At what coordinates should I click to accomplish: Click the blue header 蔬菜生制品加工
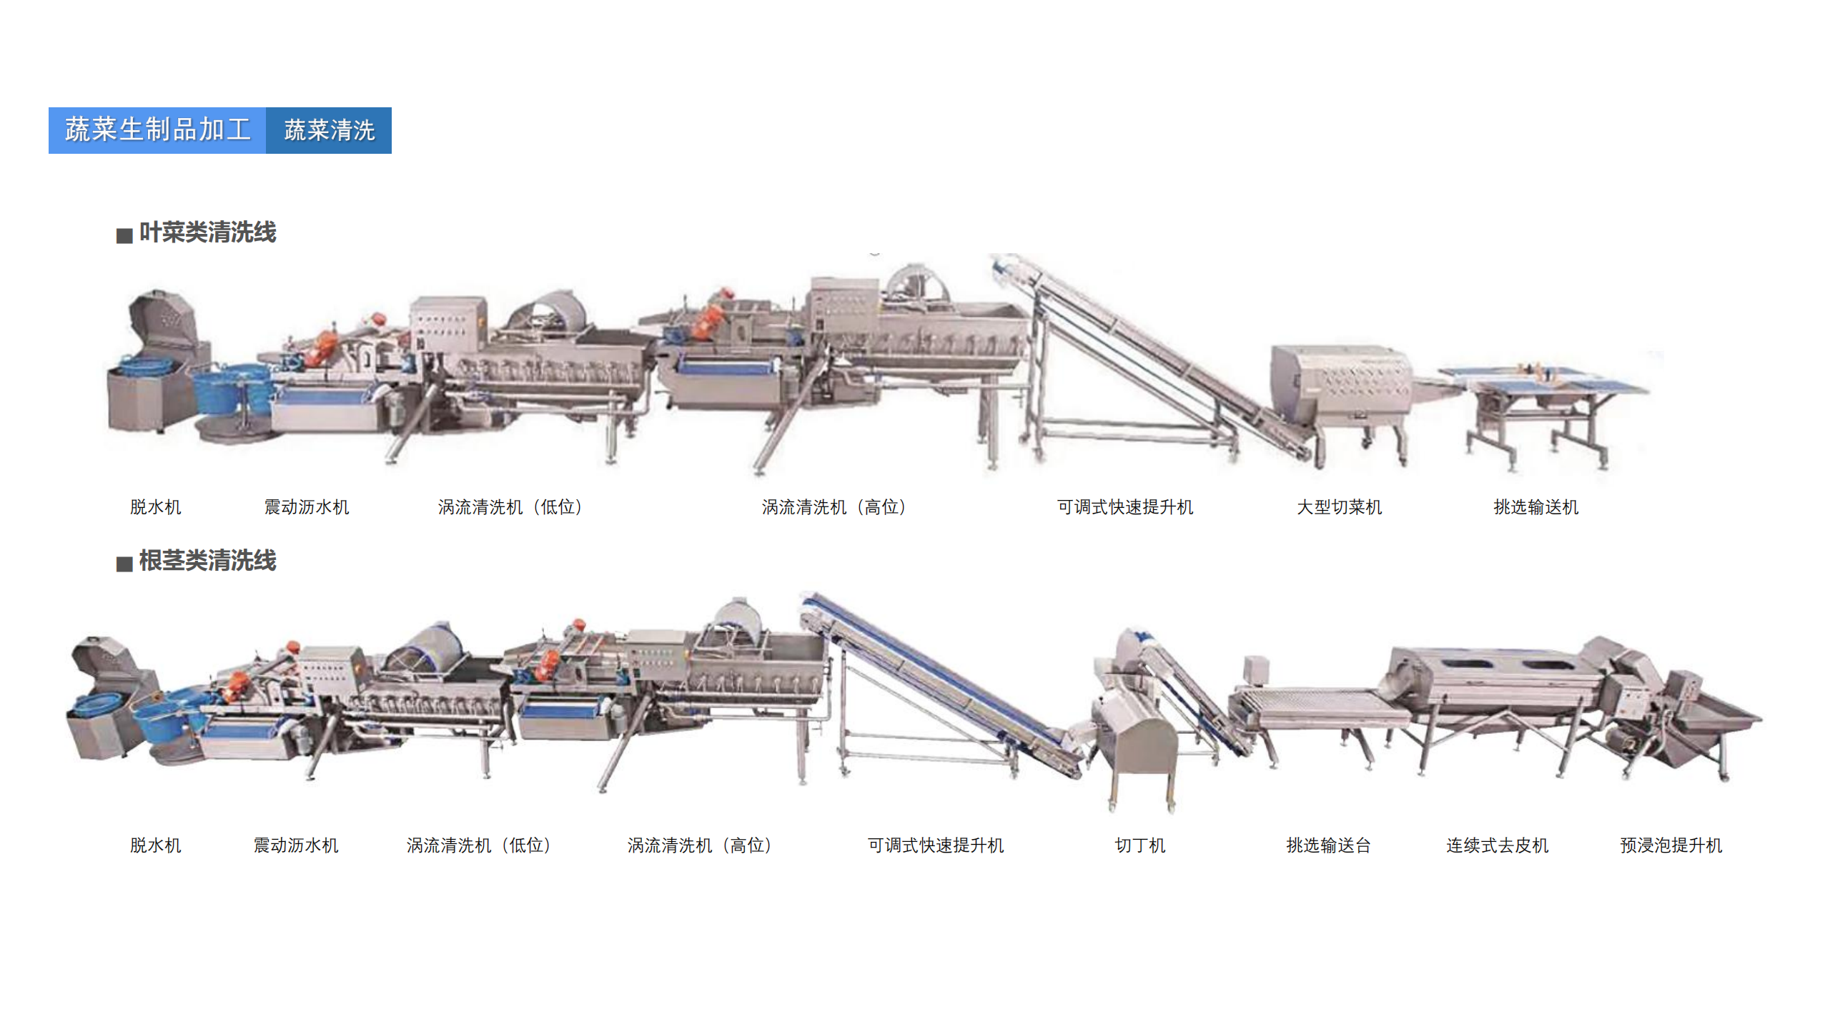pos(157,130)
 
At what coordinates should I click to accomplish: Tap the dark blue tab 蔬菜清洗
pos(329,130)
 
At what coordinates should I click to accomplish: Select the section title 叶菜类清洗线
pos(207,232)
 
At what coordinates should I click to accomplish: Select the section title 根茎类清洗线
pos(207,561)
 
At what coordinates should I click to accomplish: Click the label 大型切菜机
pos(1340,507)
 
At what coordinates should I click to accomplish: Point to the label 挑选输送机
pos(1536,507)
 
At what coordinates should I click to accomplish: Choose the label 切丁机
pos(1140,845)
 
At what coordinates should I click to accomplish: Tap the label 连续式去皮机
pos(1498,845)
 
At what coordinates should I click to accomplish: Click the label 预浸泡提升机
pos(1671,845)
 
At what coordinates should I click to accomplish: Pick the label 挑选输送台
pos(1329,845)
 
